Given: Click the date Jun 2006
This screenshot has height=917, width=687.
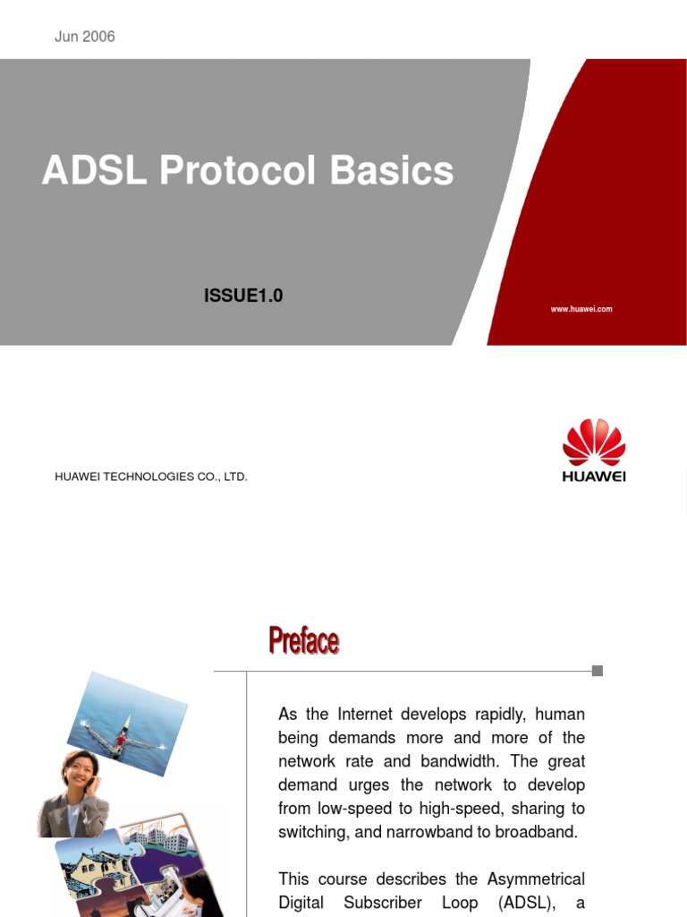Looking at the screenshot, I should pyautogui.click(x=85, y=37).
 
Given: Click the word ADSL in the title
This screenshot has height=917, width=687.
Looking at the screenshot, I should pyautogui.click(x=94, y=171).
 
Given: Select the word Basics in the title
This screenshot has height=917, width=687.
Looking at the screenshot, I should pyautogui.click(x=392, y=171).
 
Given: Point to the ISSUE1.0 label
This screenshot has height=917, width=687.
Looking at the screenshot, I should pyautogui.click(x=243, y=296).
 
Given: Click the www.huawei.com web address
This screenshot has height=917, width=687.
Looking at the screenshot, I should pyautogui.click(x=581, y=309).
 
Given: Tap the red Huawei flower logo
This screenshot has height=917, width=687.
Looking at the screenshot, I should pyautogui.click(x=594, y=442).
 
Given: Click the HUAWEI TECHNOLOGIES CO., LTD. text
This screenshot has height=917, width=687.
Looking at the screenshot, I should pyautogui.click(x=151, y=476).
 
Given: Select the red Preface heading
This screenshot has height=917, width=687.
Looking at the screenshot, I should pyautogui.click(x=304, y=641).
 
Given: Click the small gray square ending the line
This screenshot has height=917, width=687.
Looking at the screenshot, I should pyautogui.click(x=598, y=671).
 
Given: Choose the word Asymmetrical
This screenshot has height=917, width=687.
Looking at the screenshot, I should pyautogui.click(x=536, y=879).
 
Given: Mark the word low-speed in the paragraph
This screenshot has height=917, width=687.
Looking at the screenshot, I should pyautogui.click(x=357, y=808).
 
